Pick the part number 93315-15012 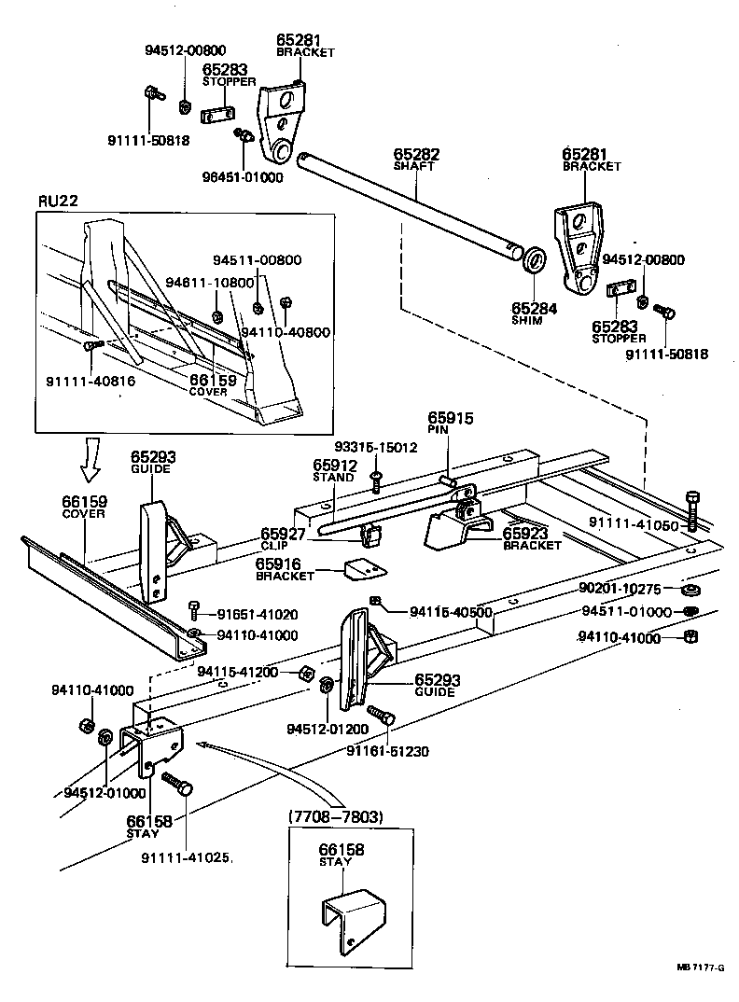pos(377,448)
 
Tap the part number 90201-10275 pos(619,589)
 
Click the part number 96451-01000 pos(242,177)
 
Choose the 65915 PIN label pos(451,423)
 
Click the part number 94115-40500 pos(450,612)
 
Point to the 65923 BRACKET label pos(533,538)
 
